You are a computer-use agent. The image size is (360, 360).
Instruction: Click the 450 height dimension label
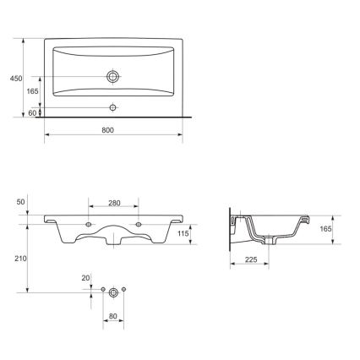[x=15, y=78]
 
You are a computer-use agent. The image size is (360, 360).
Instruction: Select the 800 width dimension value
[x=107, y=129]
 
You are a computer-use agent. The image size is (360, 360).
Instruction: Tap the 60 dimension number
[x=32, y=112]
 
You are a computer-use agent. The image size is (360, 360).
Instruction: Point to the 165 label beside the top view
[x=32, y=90]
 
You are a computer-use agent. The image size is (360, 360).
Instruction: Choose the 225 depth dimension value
[x=252, y=259]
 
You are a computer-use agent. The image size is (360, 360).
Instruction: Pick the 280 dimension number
[x=115, y=204]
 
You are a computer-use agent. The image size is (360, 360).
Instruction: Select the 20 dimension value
[x=85, y=277]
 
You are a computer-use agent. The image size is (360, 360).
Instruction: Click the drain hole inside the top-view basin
[x=112, y=76]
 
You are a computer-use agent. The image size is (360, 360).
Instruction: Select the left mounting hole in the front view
[x=90, y=223]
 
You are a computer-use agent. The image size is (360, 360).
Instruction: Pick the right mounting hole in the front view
[x=139, y=223]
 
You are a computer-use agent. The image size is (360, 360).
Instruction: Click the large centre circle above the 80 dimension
[x=112, y=292]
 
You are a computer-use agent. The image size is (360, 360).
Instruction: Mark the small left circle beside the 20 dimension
[x=101, y=291]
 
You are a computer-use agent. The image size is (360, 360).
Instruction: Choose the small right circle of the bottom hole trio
[x=124, y=291]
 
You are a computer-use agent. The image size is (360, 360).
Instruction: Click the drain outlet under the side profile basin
[x=269, y=242]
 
